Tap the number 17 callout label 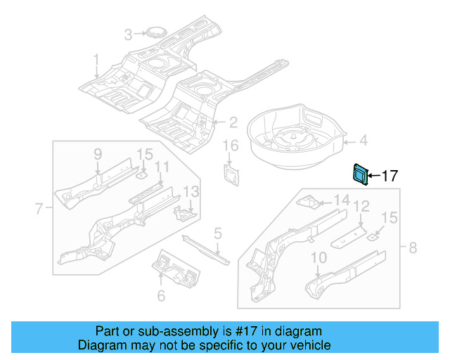390,176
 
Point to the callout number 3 128,34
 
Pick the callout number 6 161,296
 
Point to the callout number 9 98,154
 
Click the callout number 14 341,201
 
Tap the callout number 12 361,206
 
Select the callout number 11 162,167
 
